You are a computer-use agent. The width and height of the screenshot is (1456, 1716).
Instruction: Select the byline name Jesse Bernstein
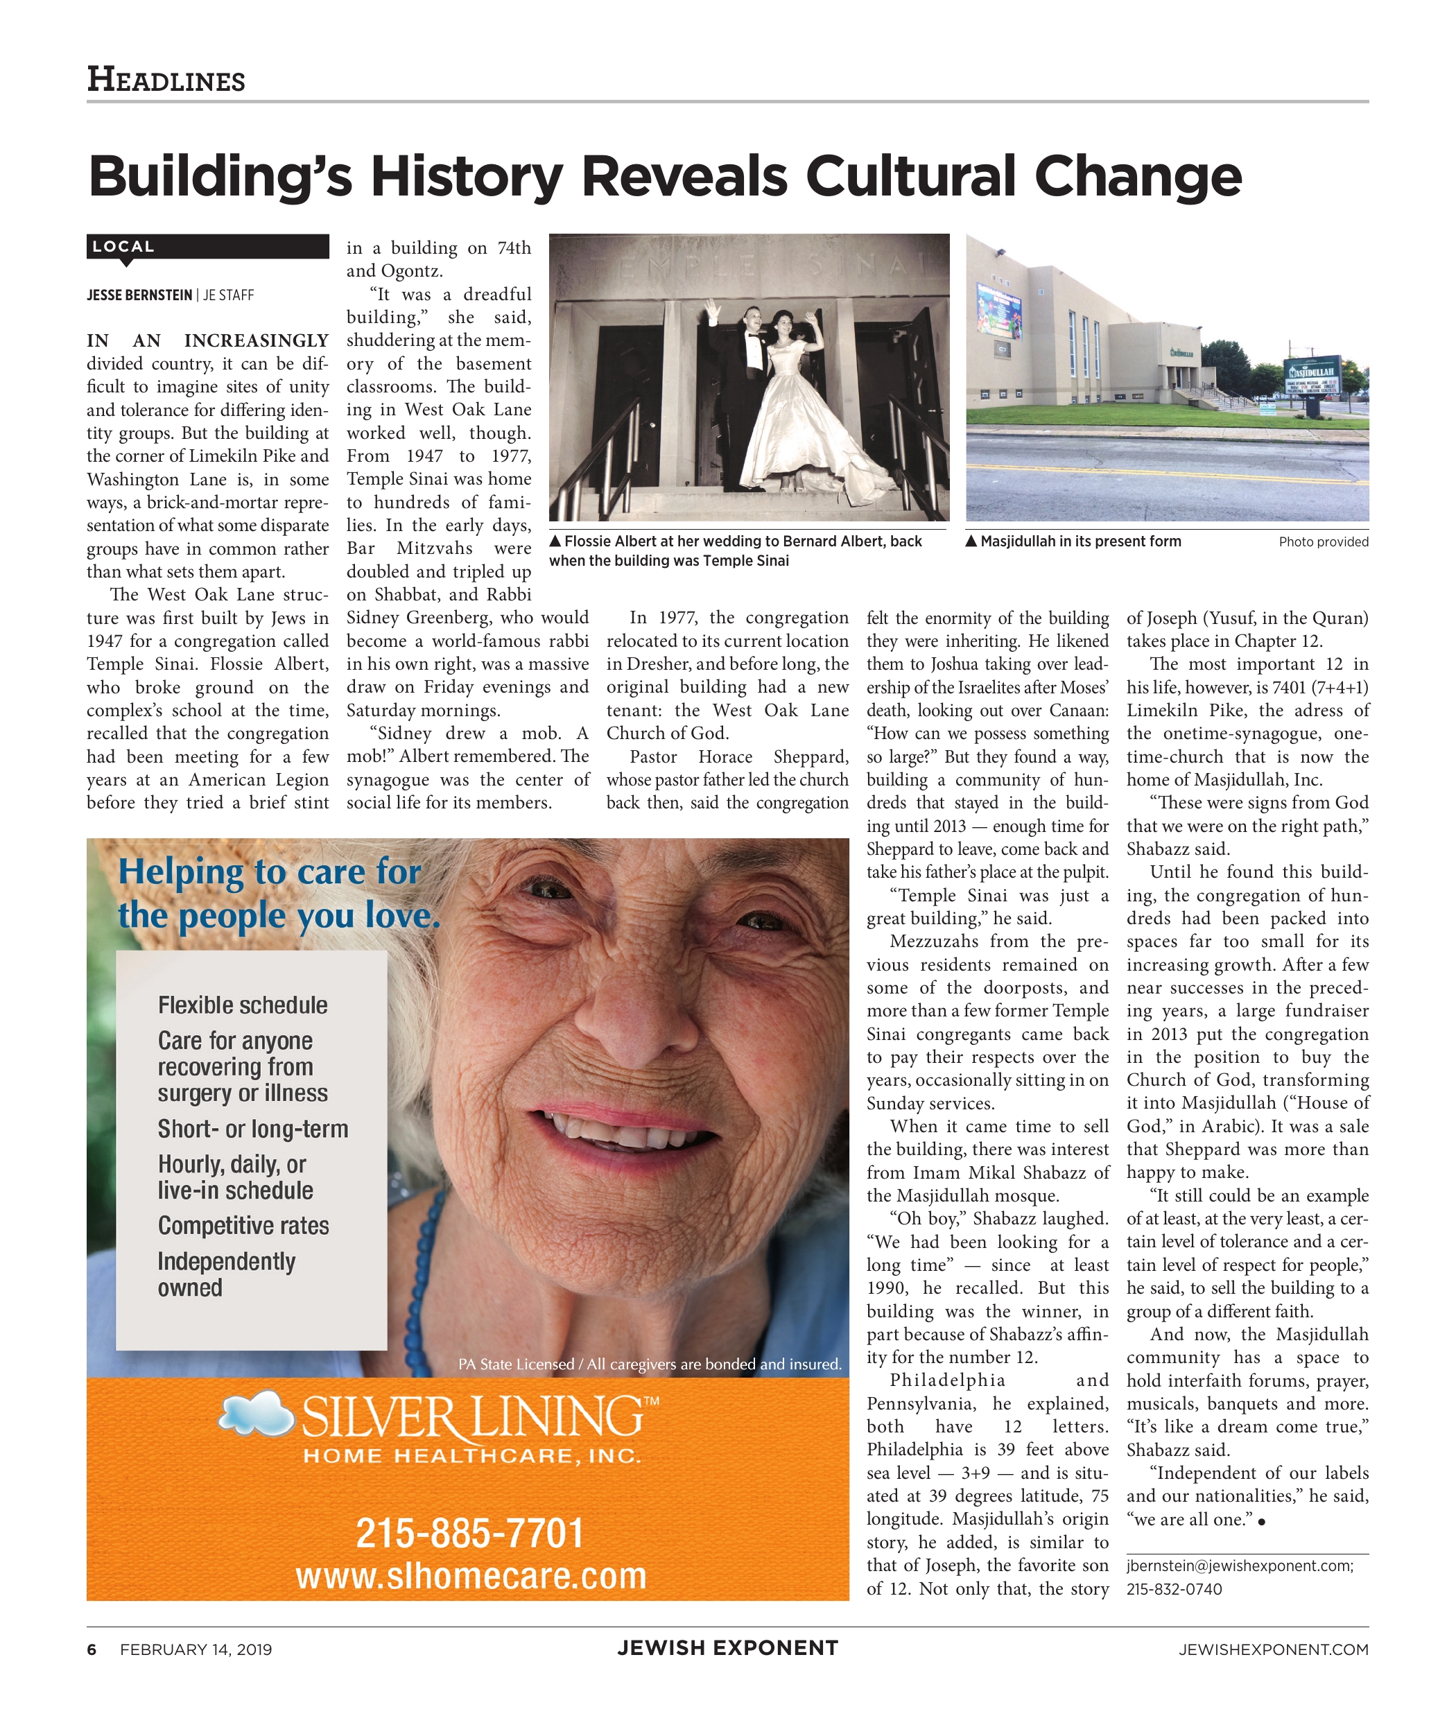click(x=139, y=295)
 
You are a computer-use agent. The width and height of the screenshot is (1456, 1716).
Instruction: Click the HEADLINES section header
click(x=166, y=80)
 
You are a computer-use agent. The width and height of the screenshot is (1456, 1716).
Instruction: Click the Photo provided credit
click(x=1323, y=542)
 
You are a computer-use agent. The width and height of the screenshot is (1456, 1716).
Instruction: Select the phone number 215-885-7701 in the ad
click(x=469, y=1534)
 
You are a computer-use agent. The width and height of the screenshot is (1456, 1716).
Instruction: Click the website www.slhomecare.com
click(x=471, y=1576)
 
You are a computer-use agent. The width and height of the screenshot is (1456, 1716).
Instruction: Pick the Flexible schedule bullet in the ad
click(x=243, y=1005)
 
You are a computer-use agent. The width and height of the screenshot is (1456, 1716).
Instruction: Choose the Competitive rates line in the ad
click(x=243, y=1226)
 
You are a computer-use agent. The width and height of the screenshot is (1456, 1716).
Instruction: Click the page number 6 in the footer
click(x=92, y=1649)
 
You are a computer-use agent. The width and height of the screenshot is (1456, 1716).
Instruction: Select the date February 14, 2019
click(x=196, y=1649)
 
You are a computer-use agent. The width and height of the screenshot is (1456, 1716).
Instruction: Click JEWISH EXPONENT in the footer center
click(x=727, y=1648)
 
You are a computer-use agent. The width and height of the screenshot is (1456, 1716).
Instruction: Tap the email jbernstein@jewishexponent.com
click(x=1239, y=1566)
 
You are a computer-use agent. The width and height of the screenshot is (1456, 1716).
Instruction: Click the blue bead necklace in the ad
click(x=429, y=1288)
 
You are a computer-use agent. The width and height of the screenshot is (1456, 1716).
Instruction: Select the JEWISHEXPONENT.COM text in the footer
click(x=1273, y=1649)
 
